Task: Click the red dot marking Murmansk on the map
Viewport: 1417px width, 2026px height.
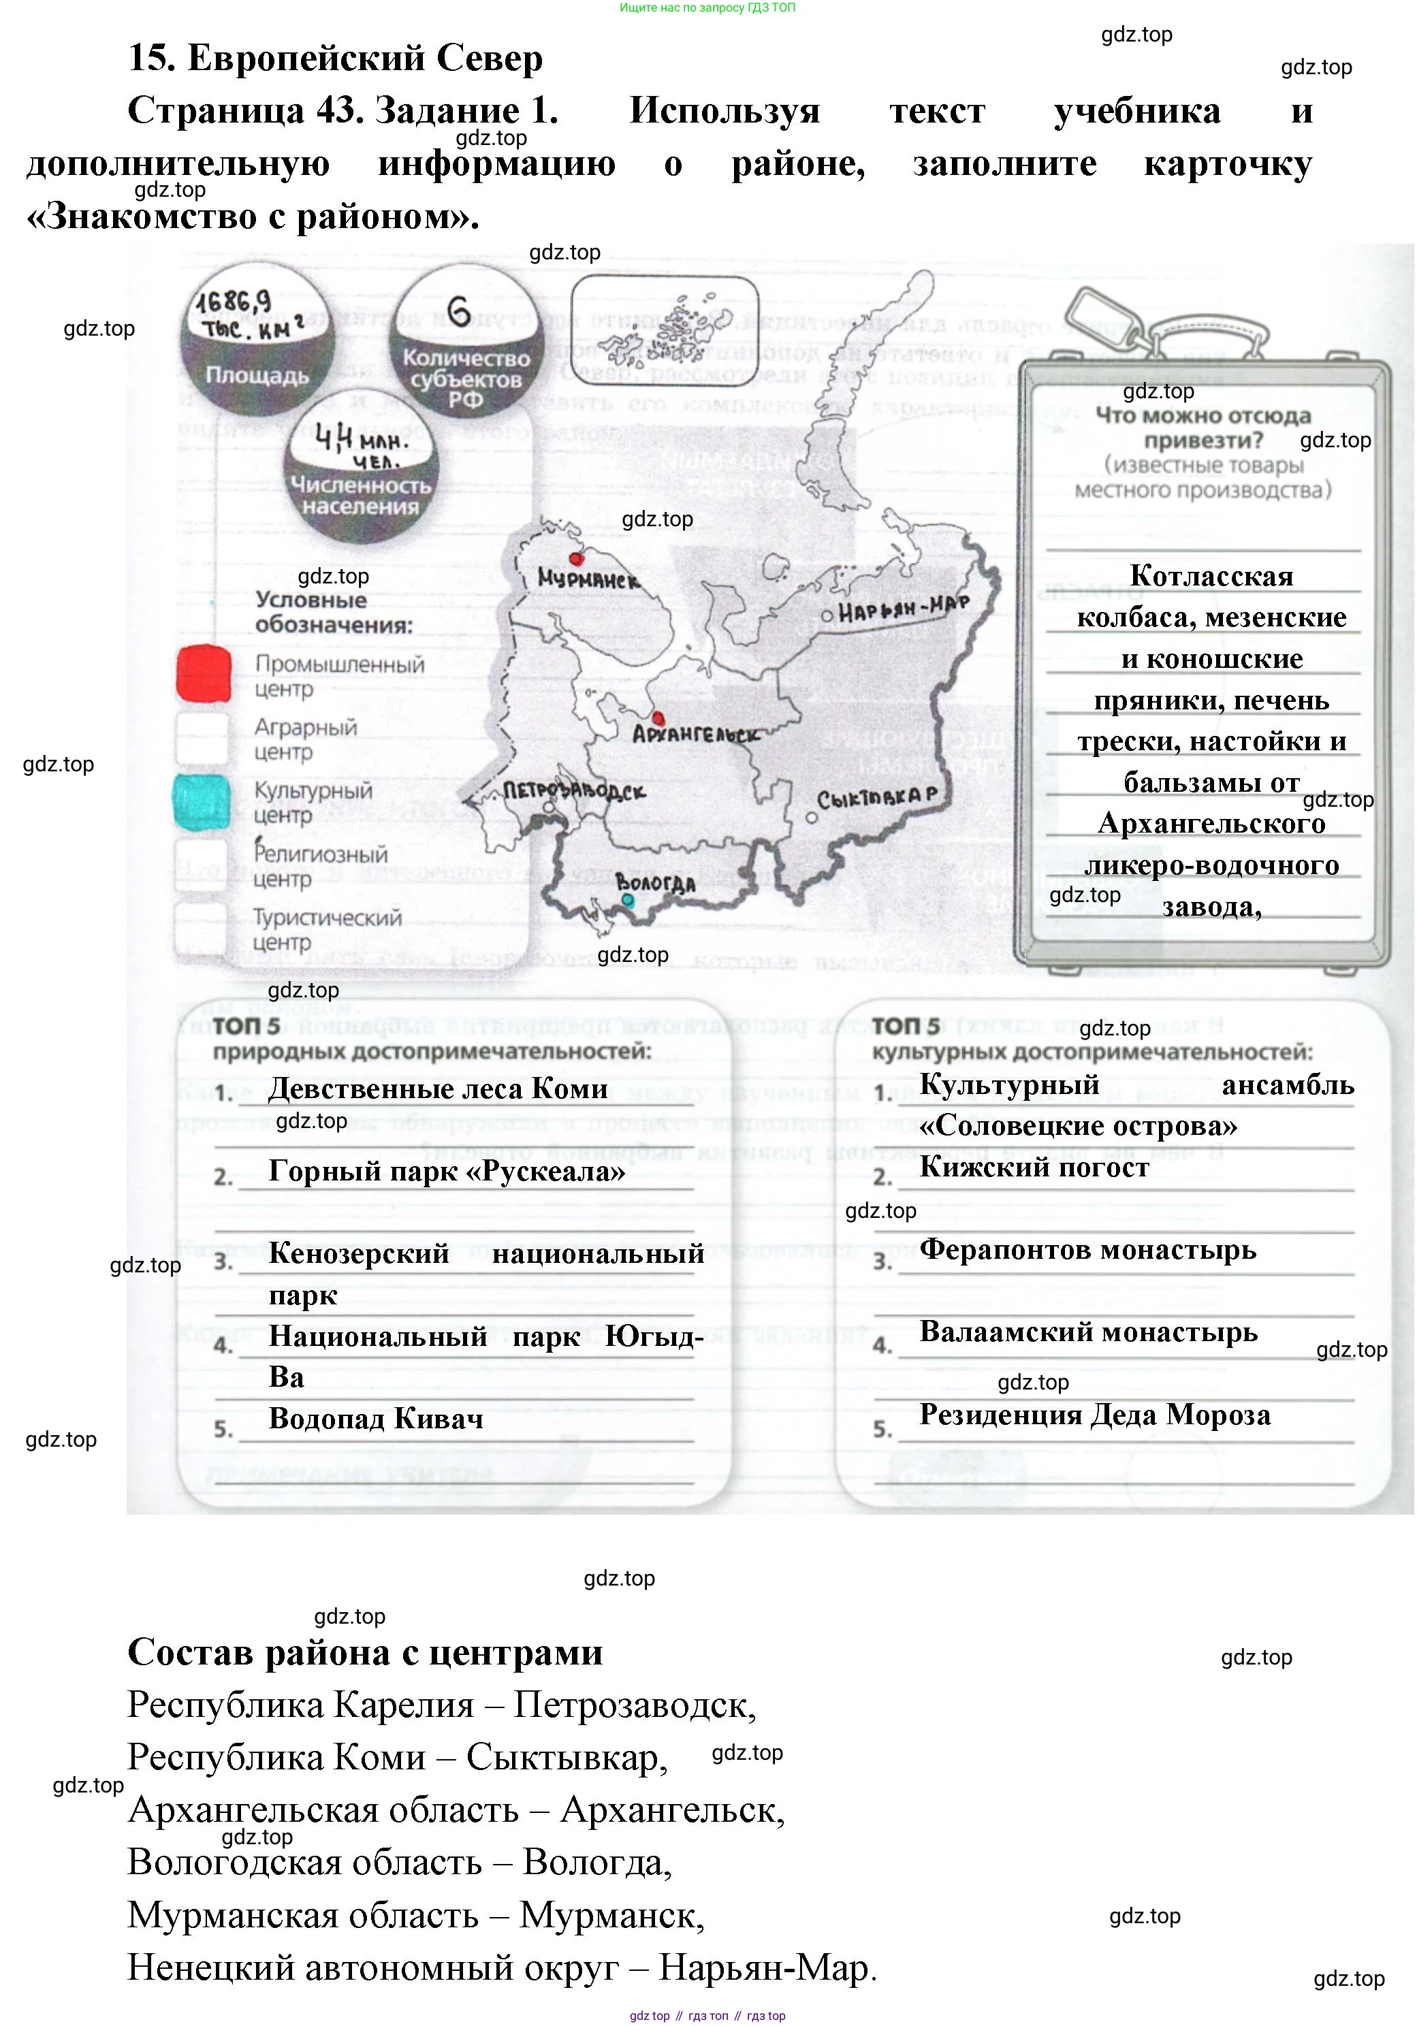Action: (x=577, y=558)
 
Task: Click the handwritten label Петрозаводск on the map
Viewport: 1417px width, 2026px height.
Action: (x=573, y=790)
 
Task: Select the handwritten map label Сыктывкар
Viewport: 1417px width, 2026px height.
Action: (x=876, y=798)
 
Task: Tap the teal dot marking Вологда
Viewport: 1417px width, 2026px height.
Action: (x=627, y=900)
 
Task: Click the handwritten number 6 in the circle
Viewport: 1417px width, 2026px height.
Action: (x=458, y=312)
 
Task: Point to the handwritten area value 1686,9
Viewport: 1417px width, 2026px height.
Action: (x=234, y=303)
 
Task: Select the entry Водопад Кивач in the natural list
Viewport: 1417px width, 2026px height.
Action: (x=376, y=1418)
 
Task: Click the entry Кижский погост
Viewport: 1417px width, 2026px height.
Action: (x=1034, y=1168)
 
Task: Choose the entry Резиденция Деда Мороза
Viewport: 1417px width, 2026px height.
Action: (x=1095, y=1415)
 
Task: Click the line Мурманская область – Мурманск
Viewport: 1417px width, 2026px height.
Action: (x=415, y=1915)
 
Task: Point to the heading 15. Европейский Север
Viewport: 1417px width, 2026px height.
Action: (x=335, y=59)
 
